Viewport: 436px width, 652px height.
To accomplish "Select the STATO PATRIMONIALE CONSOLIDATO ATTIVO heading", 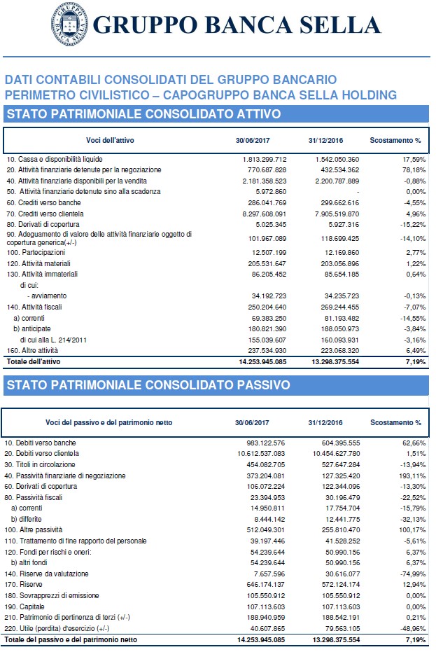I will tap(143, 113).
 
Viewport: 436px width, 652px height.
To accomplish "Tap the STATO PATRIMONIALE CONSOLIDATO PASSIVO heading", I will tap(147, 384).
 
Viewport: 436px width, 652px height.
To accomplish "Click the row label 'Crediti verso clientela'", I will tap(45, 213).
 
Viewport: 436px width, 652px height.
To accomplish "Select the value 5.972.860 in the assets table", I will tap(267, 191).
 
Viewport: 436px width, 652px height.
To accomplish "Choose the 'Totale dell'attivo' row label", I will tap(36, 361).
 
